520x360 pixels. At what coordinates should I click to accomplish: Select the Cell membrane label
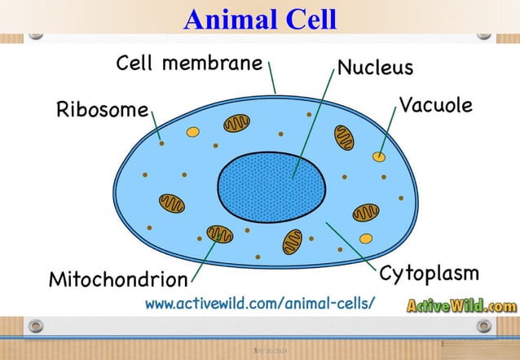(189, 63)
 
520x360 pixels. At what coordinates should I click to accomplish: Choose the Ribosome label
(102, 111)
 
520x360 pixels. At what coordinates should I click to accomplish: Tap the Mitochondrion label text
(118, 280)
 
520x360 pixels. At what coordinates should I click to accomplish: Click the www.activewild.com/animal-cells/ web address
(260, 304)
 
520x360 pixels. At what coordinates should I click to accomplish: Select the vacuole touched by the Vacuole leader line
(379, 155)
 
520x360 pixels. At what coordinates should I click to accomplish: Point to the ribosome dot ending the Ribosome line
(162, 144)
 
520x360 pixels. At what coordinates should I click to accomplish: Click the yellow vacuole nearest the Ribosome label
(193, 131)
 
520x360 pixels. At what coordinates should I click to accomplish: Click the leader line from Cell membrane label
(271, 78)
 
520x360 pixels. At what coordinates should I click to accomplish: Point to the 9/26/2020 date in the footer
(268, 351)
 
